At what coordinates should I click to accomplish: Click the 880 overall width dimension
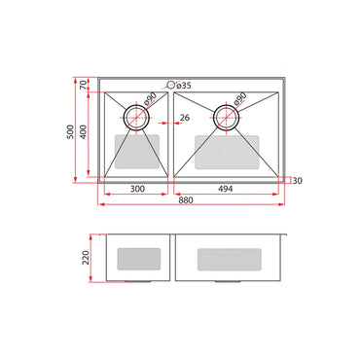[185, 202]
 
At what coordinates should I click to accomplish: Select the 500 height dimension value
[70, 131]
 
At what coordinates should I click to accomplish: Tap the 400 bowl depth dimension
[86, 131]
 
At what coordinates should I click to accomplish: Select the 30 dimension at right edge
[296, 180]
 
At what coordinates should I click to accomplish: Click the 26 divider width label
[185, 120]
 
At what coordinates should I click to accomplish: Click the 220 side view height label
[86, 258]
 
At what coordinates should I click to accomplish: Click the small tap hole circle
[171, 85]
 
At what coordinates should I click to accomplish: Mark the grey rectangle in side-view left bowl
[137, 259]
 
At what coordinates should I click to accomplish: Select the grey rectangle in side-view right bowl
[229, 259]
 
